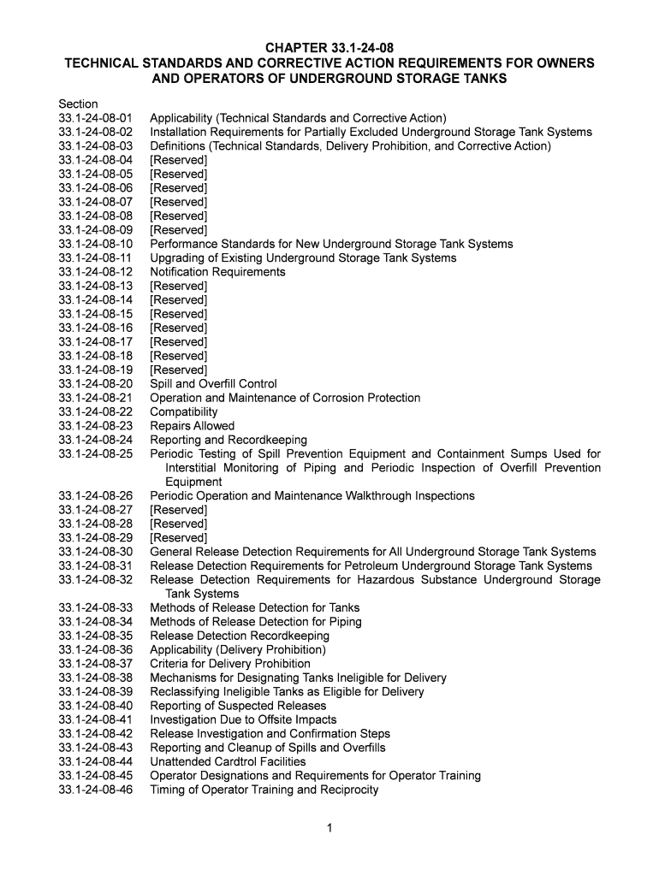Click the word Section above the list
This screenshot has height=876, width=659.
78,104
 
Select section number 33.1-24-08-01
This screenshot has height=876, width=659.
96,118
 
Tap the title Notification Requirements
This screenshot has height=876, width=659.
217,272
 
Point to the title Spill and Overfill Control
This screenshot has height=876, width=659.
213,384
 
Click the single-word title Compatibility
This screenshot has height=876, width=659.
184,411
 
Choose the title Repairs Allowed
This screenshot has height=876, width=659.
192,426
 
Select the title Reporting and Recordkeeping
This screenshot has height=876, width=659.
228,440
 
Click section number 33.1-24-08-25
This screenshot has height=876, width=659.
96,453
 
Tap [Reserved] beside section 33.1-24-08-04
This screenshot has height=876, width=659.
178,160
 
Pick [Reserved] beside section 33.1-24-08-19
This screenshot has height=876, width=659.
178,370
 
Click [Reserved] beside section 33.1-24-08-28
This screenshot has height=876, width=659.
178,524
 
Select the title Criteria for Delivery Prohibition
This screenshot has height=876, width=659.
230,664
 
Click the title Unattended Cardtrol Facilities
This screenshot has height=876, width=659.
228,761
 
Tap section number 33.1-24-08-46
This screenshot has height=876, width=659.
96,790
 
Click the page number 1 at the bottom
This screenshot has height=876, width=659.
329,828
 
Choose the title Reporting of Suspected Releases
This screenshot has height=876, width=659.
238,706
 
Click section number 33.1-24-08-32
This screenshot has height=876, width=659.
96,580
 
